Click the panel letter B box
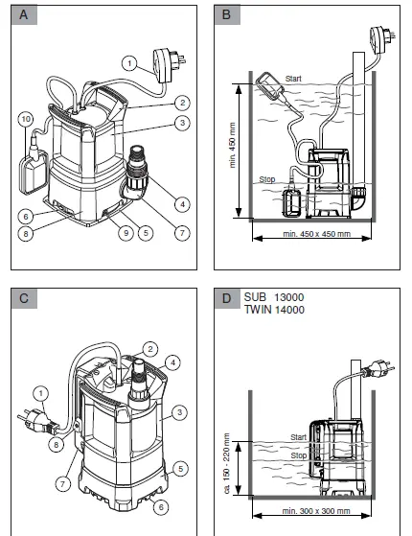click(227, 14)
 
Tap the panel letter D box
click(227, 297)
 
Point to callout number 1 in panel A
click(127, 62)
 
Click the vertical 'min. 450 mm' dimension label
click(233, 145)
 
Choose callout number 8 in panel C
click(57, 444)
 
